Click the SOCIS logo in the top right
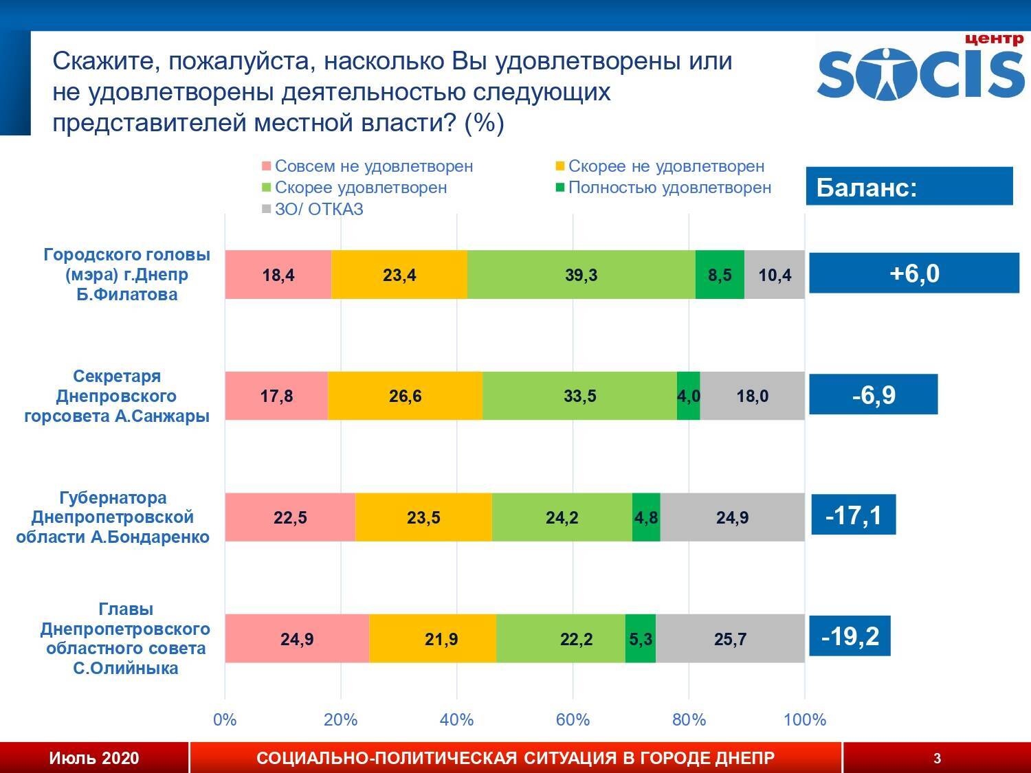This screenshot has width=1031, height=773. pos(920,69)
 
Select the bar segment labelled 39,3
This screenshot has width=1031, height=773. pos(581,275)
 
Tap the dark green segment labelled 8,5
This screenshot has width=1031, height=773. pos(720,275)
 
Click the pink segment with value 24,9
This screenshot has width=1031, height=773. pos(297,639)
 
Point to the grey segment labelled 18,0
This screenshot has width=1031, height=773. pos(752,396)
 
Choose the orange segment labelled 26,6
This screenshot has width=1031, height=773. pos(405,396)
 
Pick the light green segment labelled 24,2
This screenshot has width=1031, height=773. pos(562,517)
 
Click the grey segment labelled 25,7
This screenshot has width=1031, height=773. pos(730,639)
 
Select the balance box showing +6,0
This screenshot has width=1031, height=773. pos(913,273)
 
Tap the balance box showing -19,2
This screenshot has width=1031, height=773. pos(850,636)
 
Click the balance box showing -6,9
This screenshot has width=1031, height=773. pos(873,395)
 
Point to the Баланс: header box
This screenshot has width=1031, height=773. pos(909,187)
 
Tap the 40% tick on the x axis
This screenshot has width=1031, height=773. pos(456,720)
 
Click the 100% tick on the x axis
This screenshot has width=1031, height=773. pos(804,720)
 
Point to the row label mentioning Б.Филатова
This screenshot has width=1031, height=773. pos(127,274)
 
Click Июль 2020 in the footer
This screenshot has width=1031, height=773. pos(93,758)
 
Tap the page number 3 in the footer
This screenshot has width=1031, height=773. pos(937,759)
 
